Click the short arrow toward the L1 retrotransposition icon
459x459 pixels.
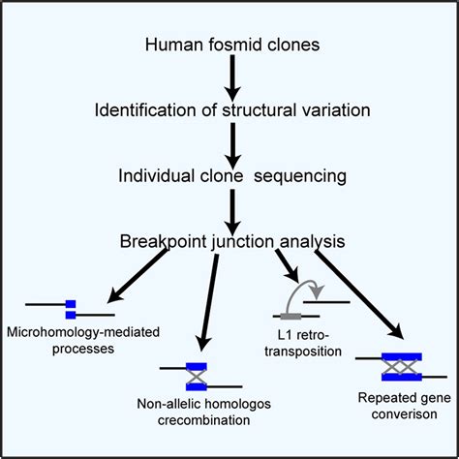point(286,265)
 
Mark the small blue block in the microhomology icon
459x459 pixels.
point(70,309)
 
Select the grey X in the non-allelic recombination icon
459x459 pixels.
point(196,375)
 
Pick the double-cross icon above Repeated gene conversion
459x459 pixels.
point(400,366)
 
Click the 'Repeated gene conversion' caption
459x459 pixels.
point(400,402)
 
